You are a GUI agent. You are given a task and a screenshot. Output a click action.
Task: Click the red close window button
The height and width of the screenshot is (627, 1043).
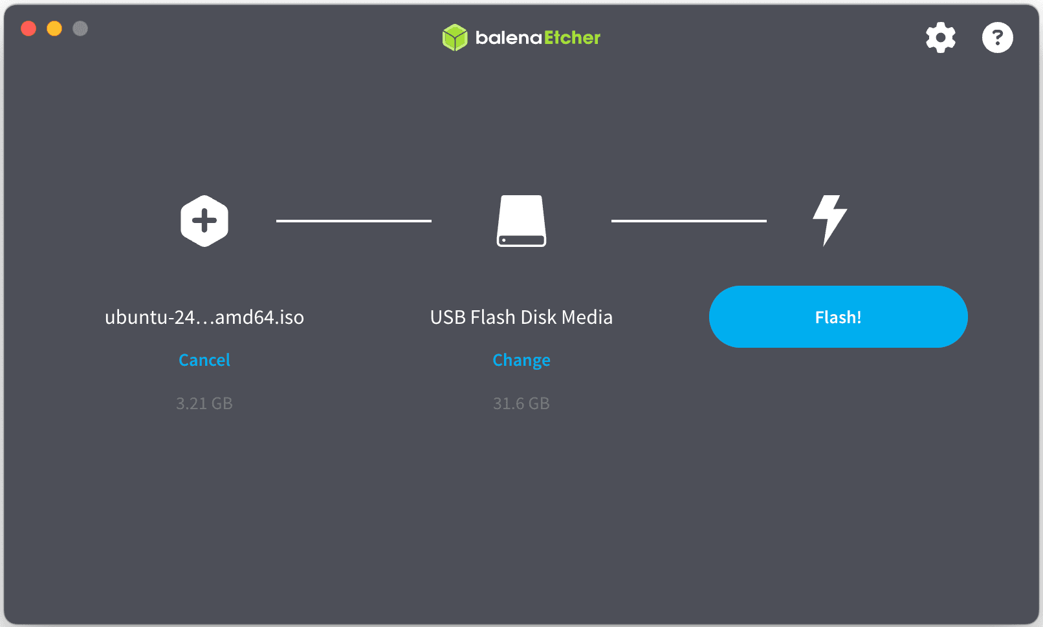(28, 28)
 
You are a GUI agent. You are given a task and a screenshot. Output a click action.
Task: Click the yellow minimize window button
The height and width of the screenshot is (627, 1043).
(54, 28)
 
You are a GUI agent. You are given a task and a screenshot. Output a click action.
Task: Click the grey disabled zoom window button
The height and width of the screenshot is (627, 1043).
(80, 28)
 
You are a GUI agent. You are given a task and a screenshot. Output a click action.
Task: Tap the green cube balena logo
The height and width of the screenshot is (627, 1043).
(455, 37)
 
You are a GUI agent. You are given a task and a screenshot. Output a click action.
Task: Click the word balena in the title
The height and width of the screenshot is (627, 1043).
(509, 37)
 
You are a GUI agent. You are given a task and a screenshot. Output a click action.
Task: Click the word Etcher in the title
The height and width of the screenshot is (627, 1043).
(572, 37)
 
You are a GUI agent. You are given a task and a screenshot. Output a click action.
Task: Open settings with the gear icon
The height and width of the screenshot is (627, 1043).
(940, 37)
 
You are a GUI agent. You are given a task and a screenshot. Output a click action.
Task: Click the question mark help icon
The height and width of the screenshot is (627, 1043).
(997, 37)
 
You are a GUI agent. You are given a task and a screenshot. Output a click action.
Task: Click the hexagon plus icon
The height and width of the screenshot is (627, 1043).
(204, 221)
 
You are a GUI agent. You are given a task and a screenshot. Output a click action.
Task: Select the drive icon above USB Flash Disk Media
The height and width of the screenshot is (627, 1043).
(521, 221)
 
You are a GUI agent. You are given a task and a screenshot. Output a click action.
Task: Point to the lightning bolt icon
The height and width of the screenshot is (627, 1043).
(829, 220)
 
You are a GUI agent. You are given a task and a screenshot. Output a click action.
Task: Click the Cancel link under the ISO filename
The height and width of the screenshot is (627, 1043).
(204, 360)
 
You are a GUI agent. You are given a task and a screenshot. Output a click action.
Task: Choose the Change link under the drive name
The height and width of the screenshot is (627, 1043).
(521, 360)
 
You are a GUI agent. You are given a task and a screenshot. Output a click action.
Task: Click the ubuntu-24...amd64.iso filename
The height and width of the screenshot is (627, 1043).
(204, 317)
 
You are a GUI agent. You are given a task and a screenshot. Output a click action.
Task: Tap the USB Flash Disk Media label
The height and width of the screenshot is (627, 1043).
(521, 317)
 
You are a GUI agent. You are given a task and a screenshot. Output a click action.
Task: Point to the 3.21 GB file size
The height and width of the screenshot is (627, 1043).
(204, 403)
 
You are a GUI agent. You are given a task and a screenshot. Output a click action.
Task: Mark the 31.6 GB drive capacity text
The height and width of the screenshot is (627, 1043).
(521, 403)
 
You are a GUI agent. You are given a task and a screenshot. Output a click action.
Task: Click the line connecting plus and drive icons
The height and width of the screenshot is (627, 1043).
(354, 221)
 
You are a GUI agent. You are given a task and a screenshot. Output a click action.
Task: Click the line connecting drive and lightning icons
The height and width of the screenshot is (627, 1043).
(689, 221)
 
